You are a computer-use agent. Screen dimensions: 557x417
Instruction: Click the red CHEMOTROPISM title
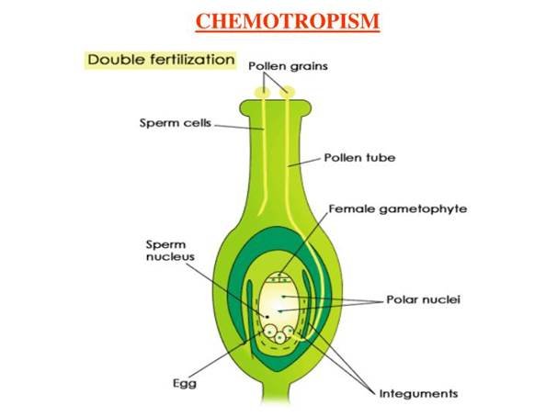[x=288, y=21]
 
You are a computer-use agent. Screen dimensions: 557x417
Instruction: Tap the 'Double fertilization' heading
[x=161, y=60]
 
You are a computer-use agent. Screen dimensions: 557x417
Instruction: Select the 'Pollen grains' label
[x=288, y=66]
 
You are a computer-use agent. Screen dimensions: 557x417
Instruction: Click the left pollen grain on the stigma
[x=263, y=92]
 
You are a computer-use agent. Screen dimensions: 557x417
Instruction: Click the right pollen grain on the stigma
[x=287, y=92]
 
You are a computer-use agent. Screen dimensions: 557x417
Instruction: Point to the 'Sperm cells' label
[x=176, y=123]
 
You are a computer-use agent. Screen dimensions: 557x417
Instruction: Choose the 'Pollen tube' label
[x=359, y=158]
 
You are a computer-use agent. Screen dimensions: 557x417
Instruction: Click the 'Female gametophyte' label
[x=397, y=209]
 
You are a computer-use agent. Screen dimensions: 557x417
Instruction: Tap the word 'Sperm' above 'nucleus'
[x=165, y=244]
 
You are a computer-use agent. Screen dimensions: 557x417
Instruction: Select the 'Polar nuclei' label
[x=423, y=299]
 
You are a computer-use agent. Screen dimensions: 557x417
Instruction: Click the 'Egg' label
[x=185, y=383]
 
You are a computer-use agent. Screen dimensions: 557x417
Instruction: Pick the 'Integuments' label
[x=418, y=393]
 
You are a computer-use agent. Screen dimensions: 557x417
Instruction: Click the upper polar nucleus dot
[x=283, y=296]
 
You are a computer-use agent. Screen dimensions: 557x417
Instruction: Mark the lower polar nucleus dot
[x=280, y=311]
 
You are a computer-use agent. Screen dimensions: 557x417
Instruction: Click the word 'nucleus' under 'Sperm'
[x=170, y=257]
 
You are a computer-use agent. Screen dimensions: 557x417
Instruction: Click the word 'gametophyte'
[x=423, y=209]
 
